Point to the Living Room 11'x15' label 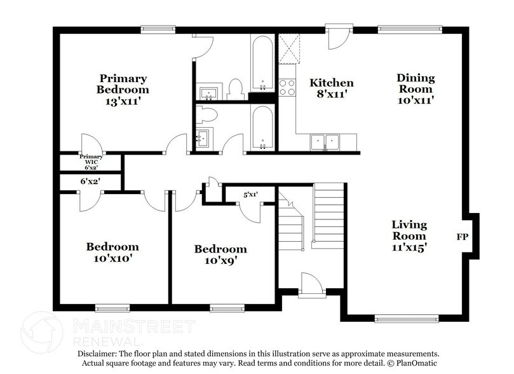click(409, 237)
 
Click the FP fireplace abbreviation click(462, 237)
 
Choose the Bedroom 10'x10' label click(112, 253)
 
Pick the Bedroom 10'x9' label click(220, 254)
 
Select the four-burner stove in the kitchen click(287, 87)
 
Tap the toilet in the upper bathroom click(236, 89)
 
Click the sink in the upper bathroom click(208, 93)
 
